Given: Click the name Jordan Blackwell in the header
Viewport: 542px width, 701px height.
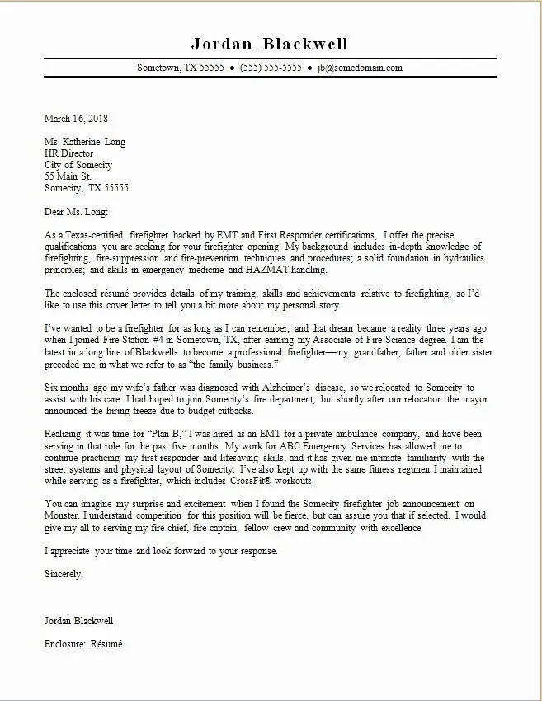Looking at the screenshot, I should [x=270, y=43].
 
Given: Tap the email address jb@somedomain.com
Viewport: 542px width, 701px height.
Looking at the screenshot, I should [x=360, y=68].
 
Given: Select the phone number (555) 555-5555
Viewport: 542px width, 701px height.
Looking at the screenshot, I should [x=271, y=68].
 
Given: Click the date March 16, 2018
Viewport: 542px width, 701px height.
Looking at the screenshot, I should [x=77, y=119].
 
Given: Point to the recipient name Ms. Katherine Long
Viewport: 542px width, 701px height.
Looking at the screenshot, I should [x=85, y=142].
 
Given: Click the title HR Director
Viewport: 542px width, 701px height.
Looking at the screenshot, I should [x=69, y=153].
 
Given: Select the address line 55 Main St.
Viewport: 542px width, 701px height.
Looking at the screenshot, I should [x=68, y=176].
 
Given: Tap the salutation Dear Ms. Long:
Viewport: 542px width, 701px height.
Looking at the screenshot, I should [x=77, y=211].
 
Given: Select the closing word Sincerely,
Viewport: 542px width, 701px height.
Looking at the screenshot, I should [x=64, y=572].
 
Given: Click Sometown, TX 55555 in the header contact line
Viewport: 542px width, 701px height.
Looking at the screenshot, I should [x=181, y=68].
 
